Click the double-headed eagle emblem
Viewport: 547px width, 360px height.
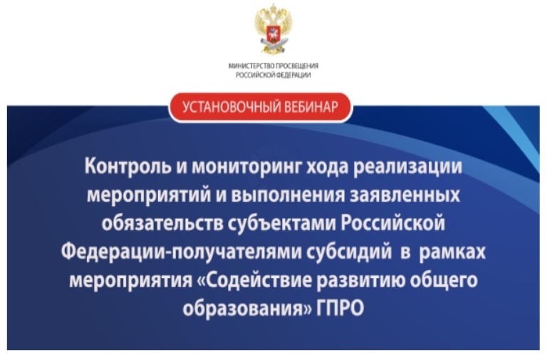[x=273, y=29]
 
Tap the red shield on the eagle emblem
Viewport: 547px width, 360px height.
[x=273, y=32]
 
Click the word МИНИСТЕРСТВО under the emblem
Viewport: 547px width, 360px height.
[x=251, y=66]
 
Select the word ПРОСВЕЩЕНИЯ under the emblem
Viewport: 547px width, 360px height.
[x=297, y=66]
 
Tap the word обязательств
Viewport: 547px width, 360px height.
[x=162, y=223]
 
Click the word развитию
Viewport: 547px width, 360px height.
[x=360, y=281]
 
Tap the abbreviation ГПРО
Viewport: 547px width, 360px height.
[x=340, y=309]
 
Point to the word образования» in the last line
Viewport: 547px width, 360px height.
[x=247, y=309]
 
